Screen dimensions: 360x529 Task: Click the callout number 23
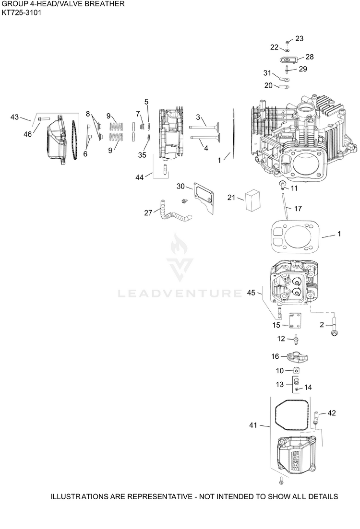point(299,38)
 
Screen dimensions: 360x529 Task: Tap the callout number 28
point(309,57)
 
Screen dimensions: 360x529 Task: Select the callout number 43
point(14,117)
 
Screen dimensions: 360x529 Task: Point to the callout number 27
point(148,212)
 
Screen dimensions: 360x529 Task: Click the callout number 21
point(231,198)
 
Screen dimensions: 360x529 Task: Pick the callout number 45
point(251,293)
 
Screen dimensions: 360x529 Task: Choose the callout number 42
point(332,412)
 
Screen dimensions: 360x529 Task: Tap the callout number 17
point(298,209)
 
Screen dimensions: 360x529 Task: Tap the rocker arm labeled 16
point(298,357)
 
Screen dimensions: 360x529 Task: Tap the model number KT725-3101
point(22,13)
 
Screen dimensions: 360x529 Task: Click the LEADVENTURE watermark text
point(180,293)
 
